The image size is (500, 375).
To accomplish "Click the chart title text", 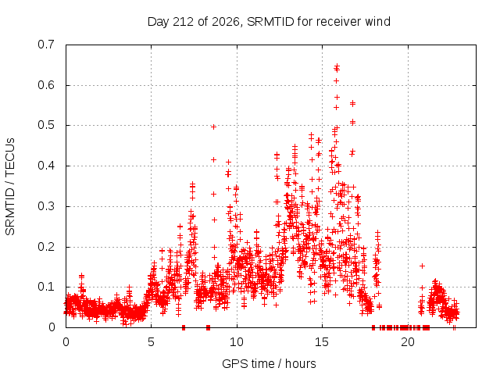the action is [269, 22].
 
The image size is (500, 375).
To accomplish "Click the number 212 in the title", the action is [183, 22].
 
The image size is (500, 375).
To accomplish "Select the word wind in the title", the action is [378, 22].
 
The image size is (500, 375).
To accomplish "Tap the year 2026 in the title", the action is [226, 22].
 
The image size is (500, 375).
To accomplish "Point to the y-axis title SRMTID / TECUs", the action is [10, 187].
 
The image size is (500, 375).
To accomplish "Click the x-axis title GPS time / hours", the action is [269, 363].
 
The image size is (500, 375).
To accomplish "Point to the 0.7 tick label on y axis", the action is [46, 45].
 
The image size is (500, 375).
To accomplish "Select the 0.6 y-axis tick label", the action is [46, 85].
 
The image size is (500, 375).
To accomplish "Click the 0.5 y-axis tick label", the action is [46, 125].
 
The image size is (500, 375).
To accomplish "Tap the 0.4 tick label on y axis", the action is [46, 166].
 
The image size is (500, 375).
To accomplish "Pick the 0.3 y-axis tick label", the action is [46, 206].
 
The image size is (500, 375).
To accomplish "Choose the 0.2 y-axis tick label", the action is [46, 247].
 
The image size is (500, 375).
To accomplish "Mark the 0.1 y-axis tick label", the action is [46, 287].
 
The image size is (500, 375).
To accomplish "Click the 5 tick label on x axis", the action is [151, 342].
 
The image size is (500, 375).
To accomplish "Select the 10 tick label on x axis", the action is [237, 342].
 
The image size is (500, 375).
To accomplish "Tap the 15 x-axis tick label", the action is [322, 342].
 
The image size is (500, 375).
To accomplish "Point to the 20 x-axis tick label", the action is [408, 342].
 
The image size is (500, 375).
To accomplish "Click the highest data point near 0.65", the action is [337, 66].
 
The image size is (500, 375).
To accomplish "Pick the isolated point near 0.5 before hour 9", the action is [213, 127].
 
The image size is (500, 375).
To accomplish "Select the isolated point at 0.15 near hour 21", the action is [422, 266].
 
